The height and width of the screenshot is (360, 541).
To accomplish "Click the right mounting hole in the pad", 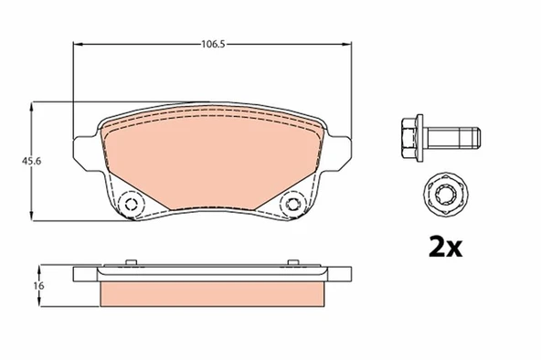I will (x=294, y=205).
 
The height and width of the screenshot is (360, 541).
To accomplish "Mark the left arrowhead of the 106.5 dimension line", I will (x=76, y=43).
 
